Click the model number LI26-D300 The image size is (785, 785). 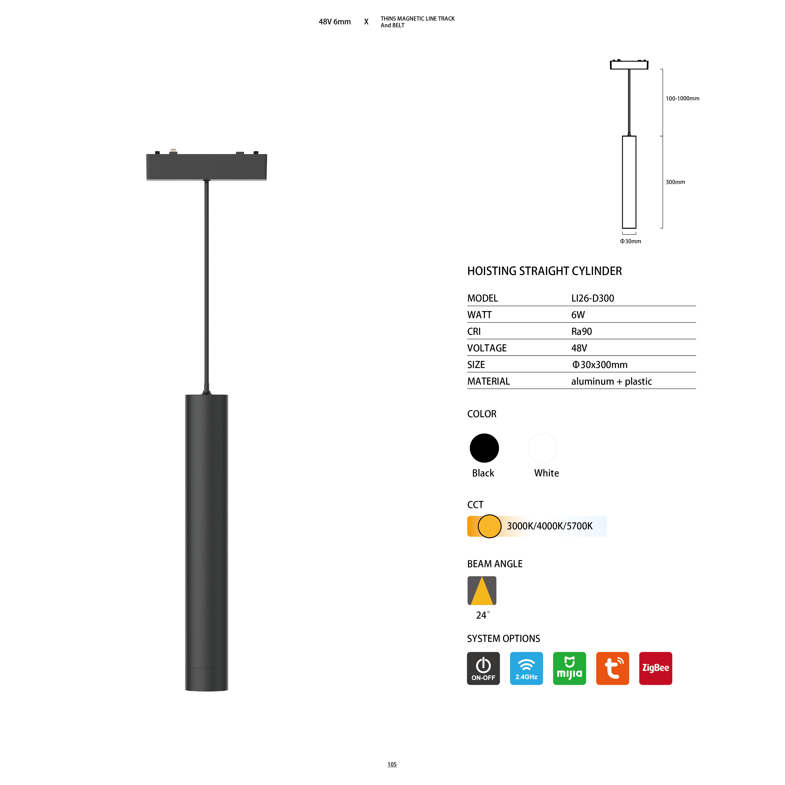pyautogui.click(x=592, y=298)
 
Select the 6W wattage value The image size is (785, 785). pyautogui.click(x=578, y=315)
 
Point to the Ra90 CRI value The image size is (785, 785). pyautogui.click(x=581, y=331)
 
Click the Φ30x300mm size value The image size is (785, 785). pyautogui.click(x=600, y=365)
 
